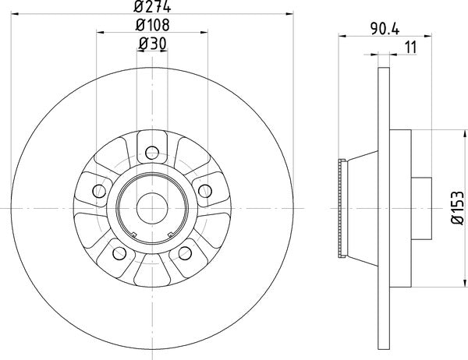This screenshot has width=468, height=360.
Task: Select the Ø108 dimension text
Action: point(152,26)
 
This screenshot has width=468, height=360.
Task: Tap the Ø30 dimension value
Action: point(152,44)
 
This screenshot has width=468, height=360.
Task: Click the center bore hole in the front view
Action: point(152,207)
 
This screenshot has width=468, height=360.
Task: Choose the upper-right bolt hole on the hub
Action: point(207,190)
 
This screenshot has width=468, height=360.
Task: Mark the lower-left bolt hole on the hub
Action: point(119,253)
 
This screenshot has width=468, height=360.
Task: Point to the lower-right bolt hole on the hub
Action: point(186,253)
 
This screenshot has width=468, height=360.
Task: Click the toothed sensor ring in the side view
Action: point(341,207)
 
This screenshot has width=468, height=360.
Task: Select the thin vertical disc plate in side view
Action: point(384,207)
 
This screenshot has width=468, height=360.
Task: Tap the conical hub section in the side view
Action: point(360,207)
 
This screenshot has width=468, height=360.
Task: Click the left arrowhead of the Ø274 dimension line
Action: point(17,13)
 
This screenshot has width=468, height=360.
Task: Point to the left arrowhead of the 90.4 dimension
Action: point(342,35)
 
